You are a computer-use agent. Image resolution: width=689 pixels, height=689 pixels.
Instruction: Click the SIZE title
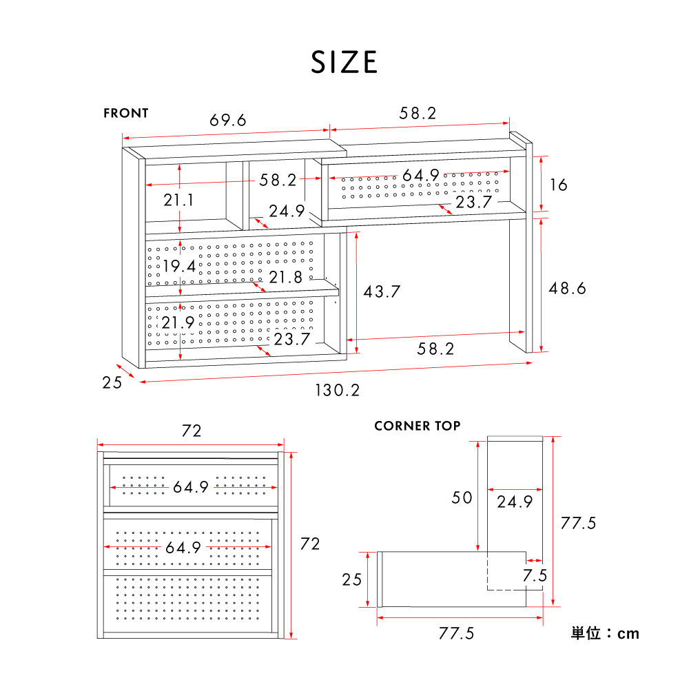(344, 62)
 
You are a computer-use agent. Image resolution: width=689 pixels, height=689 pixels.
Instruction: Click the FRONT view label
(126, 114)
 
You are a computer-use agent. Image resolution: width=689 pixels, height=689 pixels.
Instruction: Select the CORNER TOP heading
(418, 426)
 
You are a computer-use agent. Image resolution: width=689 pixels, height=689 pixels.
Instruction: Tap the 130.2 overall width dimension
(338, 390)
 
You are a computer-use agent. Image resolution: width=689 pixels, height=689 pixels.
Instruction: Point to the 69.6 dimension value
(227, 120)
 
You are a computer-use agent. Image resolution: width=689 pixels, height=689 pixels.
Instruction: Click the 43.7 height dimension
(382, 291)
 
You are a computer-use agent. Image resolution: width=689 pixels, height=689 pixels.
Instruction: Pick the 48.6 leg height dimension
(567, 288)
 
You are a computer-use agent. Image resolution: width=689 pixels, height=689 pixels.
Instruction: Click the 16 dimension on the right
(559, 185)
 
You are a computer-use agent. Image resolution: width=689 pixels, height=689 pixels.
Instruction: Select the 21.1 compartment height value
(178, 200)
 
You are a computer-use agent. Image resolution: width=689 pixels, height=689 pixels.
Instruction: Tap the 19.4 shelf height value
(179, 266)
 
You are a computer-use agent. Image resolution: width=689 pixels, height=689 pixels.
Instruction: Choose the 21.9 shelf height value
(178, 323)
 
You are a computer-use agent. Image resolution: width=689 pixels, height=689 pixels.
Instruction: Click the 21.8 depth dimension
(286, 277)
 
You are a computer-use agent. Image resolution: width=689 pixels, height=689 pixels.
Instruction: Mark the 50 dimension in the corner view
(462, 498)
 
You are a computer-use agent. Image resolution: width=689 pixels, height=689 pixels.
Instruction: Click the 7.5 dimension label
(535, 575)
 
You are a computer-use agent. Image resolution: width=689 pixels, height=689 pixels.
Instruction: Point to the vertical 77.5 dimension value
(578, 524)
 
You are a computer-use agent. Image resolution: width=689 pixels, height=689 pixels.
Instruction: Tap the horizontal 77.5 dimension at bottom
(457, 634)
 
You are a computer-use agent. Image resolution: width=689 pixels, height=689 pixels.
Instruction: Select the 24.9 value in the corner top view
(515, 502)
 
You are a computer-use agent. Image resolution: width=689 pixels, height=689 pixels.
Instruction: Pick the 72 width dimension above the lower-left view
(192, 431)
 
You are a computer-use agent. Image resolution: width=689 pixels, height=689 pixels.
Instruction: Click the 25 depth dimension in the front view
(112, 382)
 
